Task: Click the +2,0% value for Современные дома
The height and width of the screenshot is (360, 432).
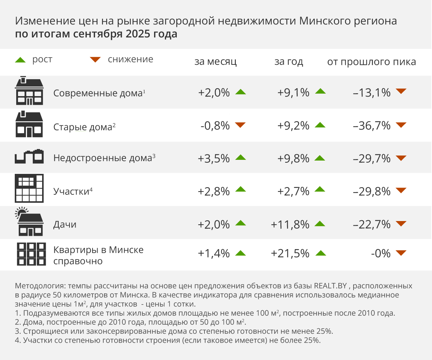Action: pos(214,93)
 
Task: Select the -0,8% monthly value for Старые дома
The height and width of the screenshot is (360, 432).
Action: pos(215,126)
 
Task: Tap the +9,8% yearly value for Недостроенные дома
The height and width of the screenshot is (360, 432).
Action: pos(293,158)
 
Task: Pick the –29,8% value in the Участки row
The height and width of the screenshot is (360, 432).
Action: pos(372,191)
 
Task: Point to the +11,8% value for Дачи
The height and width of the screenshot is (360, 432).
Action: pos(290,224)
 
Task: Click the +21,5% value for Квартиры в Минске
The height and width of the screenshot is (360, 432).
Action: pos(290,253)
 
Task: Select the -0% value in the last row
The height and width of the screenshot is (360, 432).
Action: pos(381,253)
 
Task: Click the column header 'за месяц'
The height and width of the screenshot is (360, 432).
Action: pos(216,62)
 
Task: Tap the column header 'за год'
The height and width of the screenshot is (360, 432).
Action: pos(289,62)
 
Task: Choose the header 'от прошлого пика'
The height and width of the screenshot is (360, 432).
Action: pos(372,62)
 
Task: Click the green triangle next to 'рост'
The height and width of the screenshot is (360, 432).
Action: pos(21,60)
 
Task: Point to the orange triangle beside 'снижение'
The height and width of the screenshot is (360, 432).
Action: pos(95,60)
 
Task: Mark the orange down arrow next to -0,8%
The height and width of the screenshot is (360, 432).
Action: pos(240,125)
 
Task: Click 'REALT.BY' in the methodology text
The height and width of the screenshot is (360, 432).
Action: pos(331,287)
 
